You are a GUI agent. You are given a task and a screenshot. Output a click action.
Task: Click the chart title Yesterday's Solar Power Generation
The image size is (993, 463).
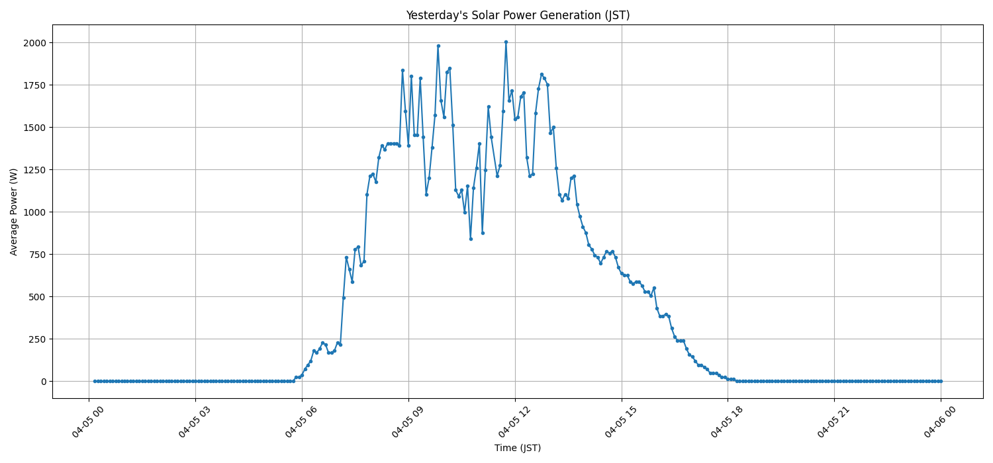(518, 15)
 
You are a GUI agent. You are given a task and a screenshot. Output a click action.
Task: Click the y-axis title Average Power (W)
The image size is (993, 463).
(14, 212)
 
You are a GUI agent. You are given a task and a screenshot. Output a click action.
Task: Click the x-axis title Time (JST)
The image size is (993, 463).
(518, 448)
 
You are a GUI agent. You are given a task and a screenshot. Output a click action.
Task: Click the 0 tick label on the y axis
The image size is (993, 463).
(44, 382)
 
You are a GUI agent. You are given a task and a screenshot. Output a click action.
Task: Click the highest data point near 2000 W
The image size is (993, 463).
(506, 42)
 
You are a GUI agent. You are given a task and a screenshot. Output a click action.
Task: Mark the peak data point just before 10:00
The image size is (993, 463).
(438, 46)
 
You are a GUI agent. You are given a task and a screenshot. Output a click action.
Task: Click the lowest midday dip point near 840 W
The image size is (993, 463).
(471, 239)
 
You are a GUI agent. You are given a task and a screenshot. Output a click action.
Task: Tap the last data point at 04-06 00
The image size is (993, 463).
(941, 381)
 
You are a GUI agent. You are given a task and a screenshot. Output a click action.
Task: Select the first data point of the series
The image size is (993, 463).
(95, 381)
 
